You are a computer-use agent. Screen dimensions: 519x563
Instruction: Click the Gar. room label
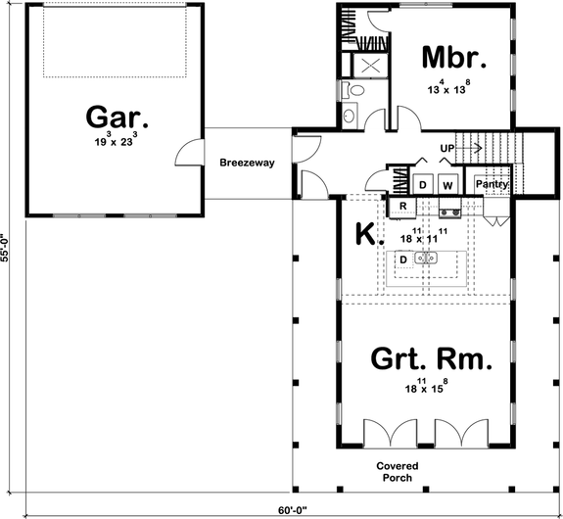pos(117,119)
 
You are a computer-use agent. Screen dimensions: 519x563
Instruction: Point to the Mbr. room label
pos(454,56)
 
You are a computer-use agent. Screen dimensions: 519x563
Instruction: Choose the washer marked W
pos(446,184)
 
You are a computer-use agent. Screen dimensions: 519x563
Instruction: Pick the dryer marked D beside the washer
pos(423,184)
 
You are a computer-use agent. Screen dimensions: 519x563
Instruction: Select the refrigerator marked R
pos(401,208)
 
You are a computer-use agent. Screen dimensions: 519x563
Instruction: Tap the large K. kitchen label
pos(363,234)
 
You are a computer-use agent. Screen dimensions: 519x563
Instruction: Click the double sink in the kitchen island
pos(427,259)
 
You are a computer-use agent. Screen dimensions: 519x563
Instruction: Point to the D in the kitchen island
pos(402,259)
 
